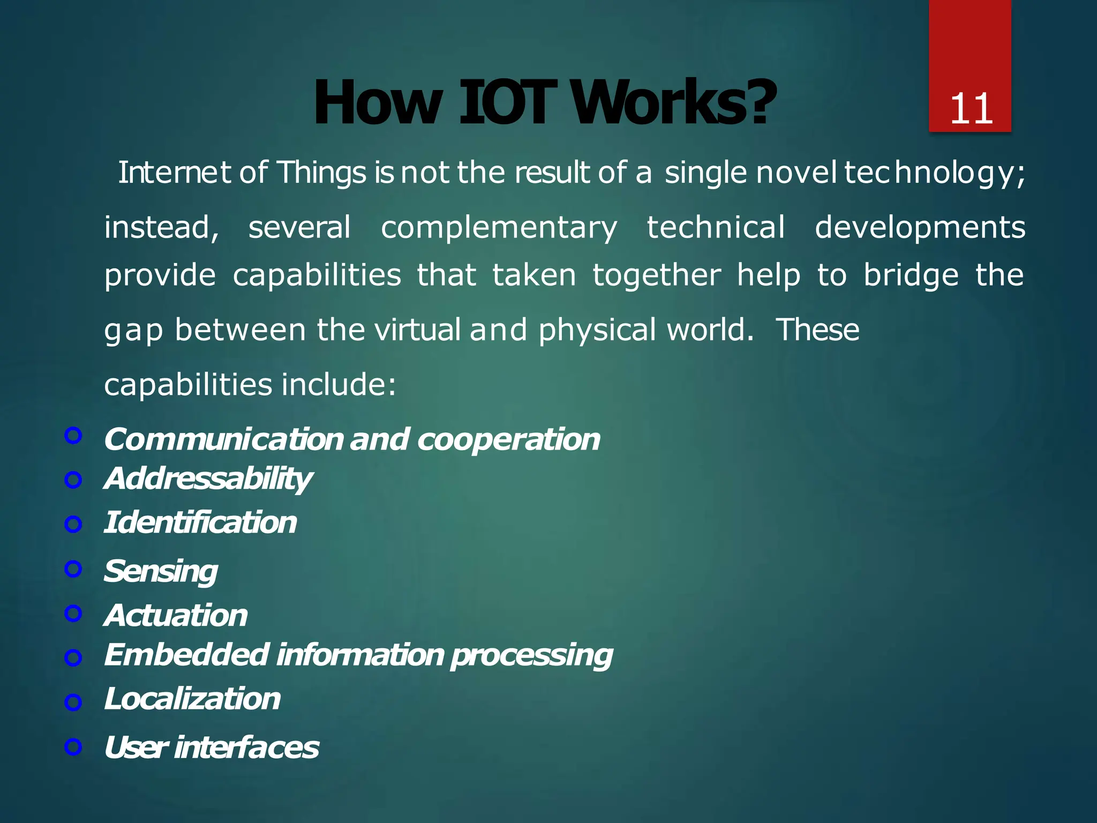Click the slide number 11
click(x=971, y=109)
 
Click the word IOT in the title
click(x=505, y=103)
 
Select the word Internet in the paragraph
click(x=174, y=173)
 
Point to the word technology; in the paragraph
click(x=935, y=173)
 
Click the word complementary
click(x=499, y=228)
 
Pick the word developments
click(x=920, y=228)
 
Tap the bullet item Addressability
click(x=208, y=478)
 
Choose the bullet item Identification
click(x=200, y=522)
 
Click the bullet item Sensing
click(x=161, y=571)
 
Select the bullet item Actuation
click(x=176, y=615)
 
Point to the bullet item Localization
click(x=192, y=699)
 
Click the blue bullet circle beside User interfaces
click(x=73, y=746)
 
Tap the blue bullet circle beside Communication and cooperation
click(x=73, y=436)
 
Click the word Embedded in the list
click(x=186, y=655)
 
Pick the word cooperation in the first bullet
click(x=508, y=440)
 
